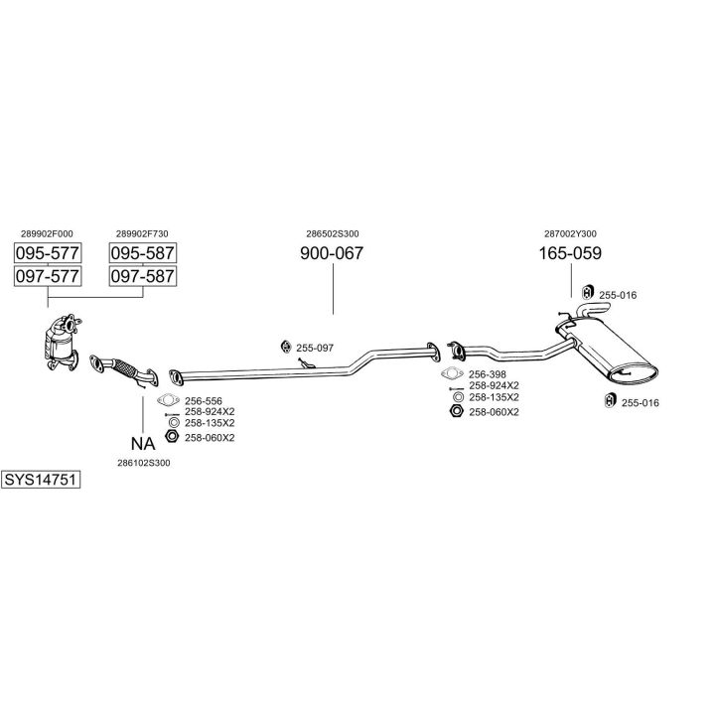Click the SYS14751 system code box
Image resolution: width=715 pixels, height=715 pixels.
click(41, 480)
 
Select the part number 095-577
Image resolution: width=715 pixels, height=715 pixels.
click(47, 252)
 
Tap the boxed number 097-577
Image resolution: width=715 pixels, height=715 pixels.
click(47, 275)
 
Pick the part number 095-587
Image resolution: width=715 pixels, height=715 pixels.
click(142, 252)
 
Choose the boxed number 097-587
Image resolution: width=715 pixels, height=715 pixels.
click(142, 275)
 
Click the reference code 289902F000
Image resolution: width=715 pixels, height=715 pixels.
click(47, 233)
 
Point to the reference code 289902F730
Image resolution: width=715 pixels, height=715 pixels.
click(142, 233)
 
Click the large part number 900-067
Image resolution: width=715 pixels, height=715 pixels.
click(332, 253)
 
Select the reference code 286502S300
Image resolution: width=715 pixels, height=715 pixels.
click(332, 233)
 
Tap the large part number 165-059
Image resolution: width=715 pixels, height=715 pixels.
click(570, 253)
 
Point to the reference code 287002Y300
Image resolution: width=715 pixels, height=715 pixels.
click(570, 233)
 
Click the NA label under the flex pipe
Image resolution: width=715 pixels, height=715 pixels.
click(142, 443)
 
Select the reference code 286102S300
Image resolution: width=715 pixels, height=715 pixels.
click(143, 463)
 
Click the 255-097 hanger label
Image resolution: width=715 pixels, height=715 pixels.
click(315, 348)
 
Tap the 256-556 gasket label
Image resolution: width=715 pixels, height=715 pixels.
click(202, 399)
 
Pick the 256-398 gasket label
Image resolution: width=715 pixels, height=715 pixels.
click(487, 374)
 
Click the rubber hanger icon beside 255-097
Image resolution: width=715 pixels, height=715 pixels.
click(285, 347)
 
